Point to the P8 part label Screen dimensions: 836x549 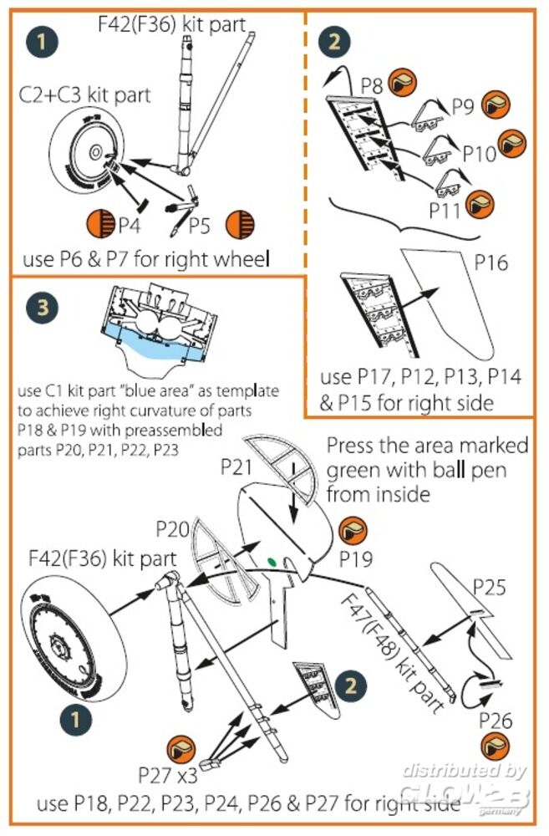(x=373, y=85)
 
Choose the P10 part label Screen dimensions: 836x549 (x=479, y=154)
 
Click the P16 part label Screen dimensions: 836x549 (x=491, y=262)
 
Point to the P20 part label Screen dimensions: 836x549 (x=173, y=529)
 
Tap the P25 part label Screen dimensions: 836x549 (x=489, y=587)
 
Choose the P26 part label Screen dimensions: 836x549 (x=496, y=720)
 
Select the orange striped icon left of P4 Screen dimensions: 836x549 (x=100, y=223)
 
